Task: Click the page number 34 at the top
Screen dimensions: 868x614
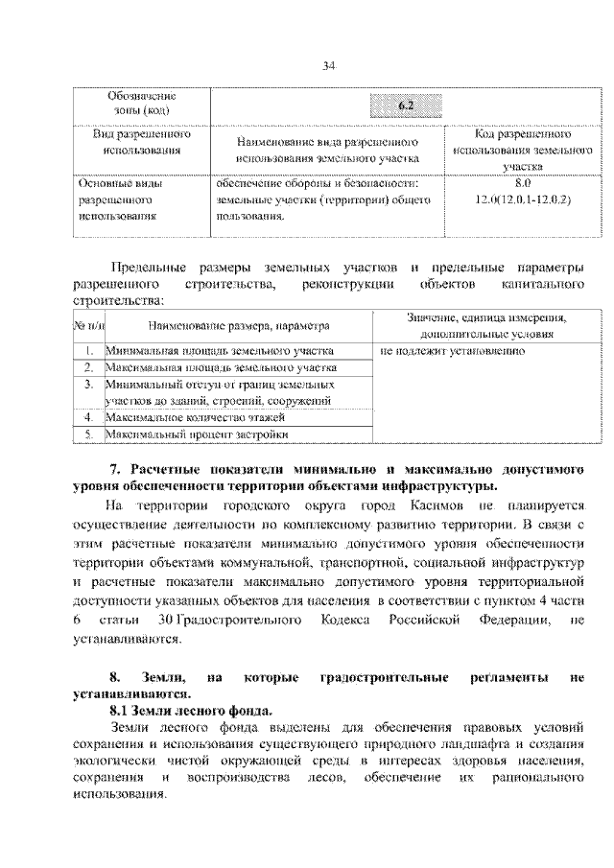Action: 328,65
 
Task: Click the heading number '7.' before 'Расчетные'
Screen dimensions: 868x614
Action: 114,469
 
